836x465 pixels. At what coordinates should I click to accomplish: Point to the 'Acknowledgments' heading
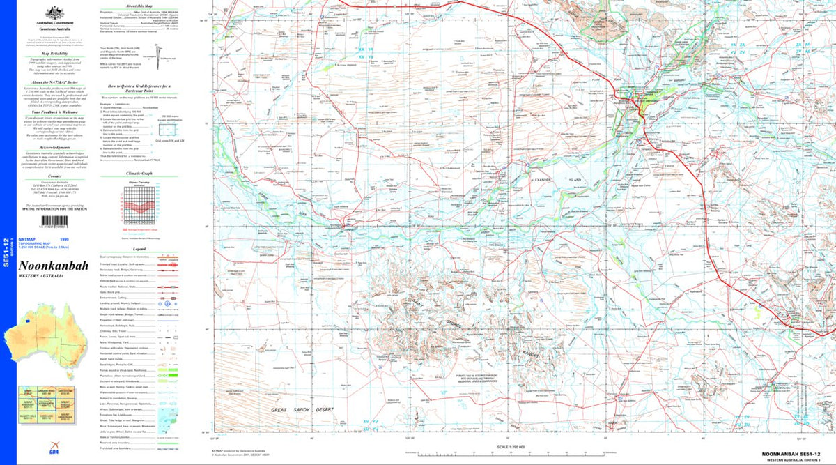click(54, 148)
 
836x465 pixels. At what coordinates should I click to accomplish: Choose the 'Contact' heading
click(54, 176)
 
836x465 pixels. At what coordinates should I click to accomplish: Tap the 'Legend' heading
click(139, 248)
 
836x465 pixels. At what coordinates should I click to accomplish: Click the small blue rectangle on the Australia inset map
click(26, 321)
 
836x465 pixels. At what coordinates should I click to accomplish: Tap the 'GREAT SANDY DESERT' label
click(303, 410)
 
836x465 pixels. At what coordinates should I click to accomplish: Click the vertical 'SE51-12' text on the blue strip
click(6, 250)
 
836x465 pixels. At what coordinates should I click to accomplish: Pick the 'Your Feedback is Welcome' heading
click(54, 111)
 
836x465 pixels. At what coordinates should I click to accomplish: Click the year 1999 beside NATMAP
click(84, 239)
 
